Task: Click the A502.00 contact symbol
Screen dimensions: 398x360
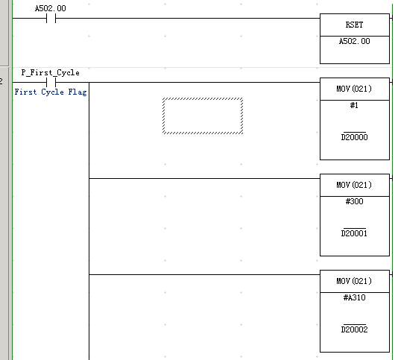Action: [51, 19]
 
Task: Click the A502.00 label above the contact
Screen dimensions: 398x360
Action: [51, 8]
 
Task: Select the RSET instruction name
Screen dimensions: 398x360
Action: [354, 25]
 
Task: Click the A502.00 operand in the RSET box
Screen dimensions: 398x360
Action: [354, 41]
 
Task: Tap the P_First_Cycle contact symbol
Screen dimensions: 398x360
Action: [51, 82]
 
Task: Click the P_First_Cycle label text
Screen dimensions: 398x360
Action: [50, 72]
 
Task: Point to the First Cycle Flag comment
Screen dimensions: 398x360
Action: [51, 92]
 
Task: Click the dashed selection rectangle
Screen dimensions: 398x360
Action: [203, 98]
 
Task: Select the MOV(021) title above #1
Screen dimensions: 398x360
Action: [354, 89]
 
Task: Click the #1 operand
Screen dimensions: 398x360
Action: [354, 105]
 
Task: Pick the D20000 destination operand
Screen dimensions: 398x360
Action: [354, 137]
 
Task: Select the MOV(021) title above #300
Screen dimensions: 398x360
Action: [354, 185]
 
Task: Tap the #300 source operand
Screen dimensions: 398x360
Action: [354, 201]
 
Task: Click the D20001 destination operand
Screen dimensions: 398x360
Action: [354, 233]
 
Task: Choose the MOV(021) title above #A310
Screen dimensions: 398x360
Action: [354, 281]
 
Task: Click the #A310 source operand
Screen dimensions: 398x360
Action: [354, 297]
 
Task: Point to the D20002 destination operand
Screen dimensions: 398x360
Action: [354, 329]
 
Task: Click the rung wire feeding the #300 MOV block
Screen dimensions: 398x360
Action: [204, 178]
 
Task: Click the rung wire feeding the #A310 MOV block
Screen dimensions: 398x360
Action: [204, 274]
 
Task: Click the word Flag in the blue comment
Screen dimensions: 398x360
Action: [78, 92]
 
